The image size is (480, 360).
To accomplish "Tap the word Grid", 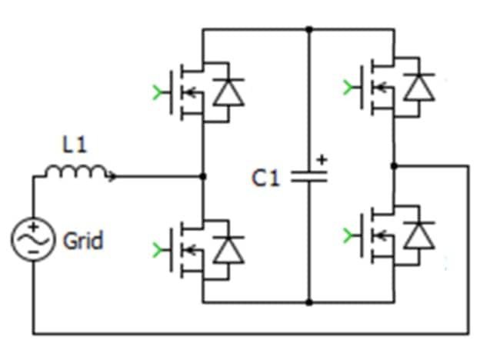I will point(82,242).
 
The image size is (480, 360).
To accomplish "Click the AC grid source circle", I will point(33,239).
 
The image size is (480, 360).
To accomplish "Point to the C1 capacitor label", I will point(265,178).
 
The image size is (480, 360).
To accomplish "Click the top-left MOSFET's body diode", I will point(228,93).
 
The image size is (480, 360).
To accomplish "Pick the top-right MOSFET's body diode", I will point(419,86).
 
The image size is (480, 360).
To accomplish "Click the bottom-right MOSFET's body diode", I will point(419,235).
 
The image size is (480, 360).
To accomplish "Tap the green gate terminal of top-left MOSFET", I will point(159,94).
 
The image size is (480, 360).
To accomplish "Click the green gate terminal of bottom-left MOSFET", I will point(159,249).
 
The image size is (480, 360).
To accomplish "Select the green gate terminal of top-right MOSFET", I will point(351,86).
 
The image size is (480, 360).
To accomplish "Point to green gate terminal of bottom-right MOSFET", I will point(351,235).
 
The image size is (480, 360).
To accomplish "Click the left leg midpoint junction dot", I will point(202,177).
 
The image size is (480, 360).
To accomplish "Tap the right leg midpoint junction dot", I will point(394,165).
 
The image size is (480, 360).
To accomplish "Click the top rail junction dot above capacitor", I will point(308,30).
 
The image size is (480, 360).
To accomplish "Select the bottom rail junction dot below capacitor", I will point(308,302).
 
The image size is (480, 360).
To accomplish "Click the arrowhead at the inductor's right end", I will point(114,177).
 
